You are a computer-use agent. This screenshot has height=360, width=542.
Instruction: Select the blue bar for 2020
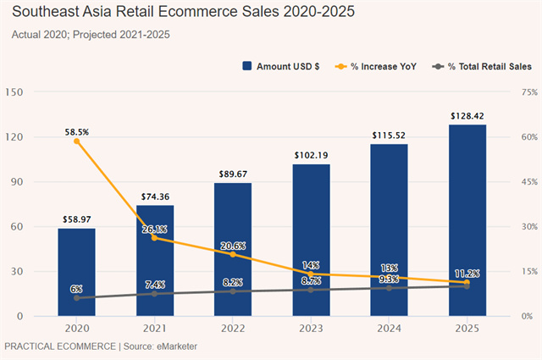point(76,271)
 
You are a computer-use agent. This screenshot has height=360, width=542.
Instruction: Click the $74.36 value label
point(154,197)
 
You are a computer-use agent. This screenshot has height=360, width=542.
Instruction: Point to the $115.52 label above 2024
point(389,135)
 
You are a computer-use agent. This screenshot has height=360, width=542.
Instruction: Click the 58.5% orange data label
point(76,132)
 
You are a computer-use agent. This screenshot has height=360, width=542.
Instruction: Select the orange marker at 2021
point(154,237)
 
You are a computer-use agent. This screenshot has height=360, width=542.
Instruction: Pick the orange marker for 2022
point(233,254)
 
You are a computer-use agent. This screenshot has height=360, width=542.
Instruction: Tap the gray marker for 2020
point(76,298)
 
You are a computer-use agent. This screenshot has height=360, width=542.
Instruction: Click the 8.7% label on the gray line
point(311,280)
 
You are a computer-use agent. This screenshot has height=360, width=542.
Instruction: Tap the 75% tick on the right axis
point(528,91)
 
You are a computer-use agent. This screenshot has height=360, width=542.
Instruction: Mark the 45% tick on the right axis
point(528,181)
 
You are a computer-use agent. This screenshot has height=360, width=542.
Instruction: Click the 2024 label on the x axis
point(389,329)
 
